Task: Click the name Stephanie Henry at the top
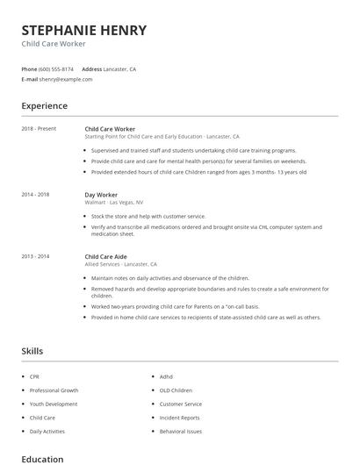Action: (83, 31)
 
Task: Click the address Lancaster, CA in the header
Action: (120, 68)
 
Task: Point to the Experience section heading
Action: (45, 106)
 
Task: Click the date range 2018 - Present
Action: (39, 129)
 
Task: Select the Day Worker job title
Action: (102, 195)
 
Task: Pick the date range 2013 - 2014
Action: (35, 256)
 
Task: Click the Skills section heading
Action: (32, 351)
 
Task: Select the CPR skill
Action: (35, 376)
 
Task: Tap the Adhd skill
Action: (166, 376)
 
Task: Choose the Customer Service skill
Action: (180, 404)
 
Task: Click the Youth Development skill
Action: (54, 404)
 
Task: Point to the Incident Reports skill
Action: (180, 418)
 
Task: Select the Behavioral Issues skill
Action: (180, 432)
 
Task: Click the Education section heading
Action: (42, 459)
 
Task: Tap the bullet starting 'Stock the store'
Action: (148, 216)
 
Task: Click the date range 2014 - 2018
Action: (35, 195)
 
